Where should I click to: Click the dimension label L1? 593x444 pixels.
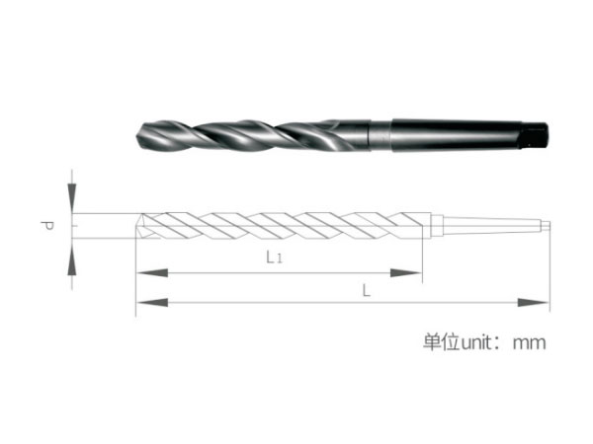click(274, 258)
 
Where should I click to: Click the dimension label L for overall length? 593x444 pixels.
click(366, 291)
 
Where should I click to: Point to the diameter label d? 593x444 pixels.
click(47, 226)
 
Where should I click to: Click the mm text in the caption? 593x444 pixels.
click(529, 343)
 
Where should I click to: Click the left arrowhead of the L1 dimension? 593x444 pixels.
click(152, 272)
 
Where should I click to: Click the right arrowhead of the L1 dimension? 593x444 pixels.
click(406, 272)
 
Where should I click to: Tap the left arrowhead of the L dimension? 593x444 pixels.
click(152, 303)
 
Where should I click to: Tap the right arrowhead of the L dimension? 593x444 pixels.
click(534, 303)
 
